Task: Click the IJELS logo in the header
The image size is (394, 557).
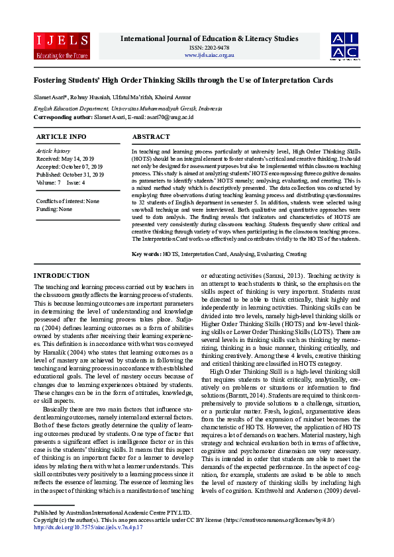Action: click(62, 44)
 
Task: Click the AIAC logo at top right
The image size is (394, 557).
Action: click(345, 44)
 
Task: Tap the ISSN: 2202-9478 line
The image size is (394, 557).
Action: click(209, 48)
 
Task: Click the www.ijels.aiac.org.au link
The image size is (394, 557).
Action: click(209, 55)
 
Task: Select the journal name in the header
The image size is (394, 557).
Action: click(209, 39)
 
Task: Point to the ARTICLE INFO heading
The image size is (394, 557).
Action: click(61, 136)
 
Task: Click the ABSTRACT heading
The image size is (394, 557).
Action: click(151, 136)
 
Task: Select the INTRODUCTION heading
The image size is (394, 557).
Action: click(61, 275)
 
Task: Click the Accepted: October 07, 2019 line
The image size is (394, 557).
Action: click(70, 167)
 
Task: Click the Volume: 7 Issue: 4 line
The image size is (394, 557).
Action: click(61, 182)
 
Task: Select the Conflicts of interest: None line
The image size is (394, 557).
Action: click(68, 201)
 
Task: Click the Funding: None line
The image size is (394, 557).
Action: click(54, 208)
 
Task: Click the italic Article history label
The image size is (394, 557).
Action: click(53, 151)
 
